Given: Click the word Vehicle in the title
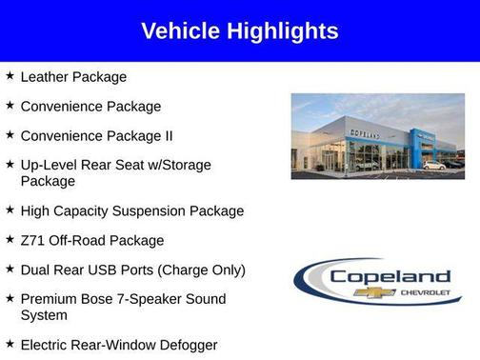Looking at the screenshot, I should click(180, 31).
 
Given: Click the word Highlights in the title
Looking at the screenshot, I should click(280, 31).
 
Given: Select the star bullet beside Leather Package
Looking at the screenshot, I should click(10, 75).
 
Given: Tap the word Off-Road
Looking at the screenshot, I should click(77, 240).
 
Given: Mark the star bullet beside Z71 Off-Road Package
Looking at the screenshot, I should click(10, 239).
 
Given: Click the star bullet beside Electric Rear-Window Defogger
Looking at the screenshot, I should click(10, 344).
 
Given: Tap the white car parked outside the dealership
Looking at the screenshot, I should click(433, 165).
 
